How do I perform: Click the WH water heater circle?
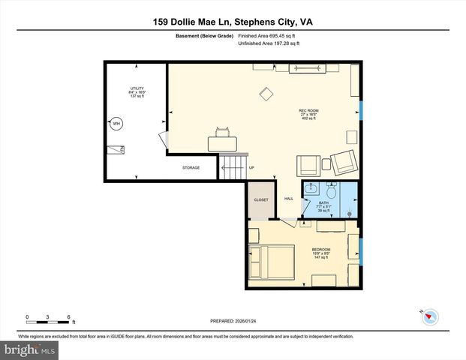(116, 124)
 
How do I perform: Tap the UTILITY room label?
(137, 92)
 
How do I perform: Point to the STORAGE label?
(191, 167)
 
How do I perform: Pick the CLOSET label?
(261, 200)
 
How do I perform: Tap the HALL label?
(289, 199)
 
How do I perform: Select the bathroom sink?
(311, 188)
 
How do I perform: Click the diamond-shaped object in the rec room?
(266, 94)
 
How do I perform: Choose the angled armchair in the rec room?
(344, 160)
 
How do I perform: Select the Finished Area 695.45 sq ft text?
(268, 35)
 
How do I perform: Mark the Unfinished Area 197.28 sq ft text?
(269, 44)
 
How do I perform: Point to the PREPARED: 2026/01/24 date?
(232, 319)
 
